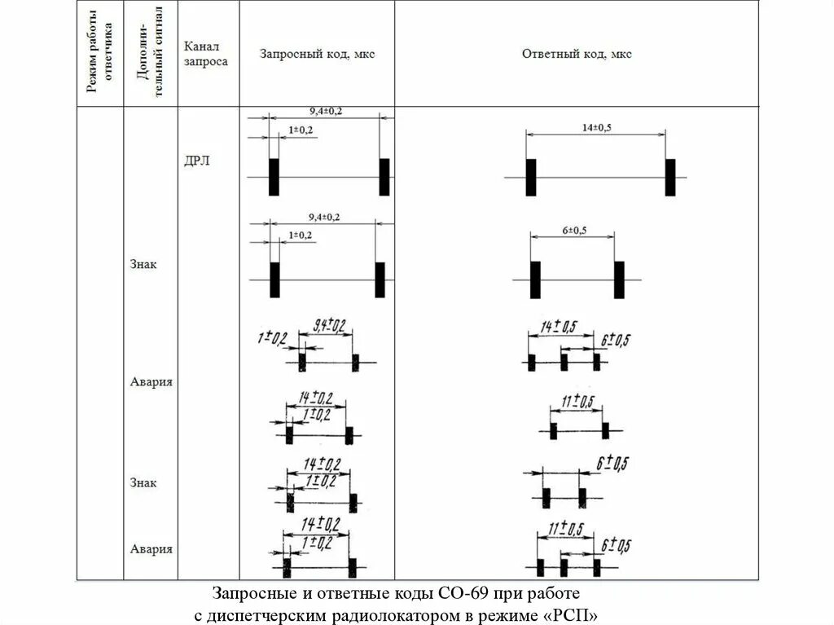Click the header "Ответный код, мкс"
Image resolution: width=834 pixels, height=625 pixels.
coord(577,55)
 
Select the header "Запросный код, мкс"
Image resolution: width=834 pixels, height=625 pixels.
coord(317,55)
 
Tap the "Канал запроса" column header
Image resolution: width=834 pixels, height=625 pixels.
coord(206,54)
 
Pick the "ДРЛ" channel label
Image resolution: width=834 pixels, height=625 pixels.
coord(197,161)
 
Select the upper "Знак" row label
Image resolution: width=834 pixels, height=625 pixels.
coord(143,264)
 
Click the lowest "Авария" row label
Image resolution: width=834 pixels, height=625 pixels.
coord(151,548)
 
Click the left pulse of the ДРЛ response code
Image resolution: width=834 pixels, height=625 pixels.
coord(530,177)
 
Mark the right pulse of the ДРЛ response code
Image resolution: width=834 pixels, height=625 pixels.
coord(669,177)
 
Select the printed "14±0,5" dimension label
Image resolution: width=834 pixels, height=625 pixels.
coord(596,127)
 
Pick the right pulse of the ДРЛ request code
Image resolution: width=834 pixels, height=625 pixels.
coord(384,177)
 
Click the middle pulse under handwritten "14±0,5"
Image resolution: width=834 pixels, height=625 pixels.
coord(564,361)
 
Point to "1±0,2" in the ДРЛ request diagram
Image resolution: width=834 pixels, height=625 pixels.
coord(301,130)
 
